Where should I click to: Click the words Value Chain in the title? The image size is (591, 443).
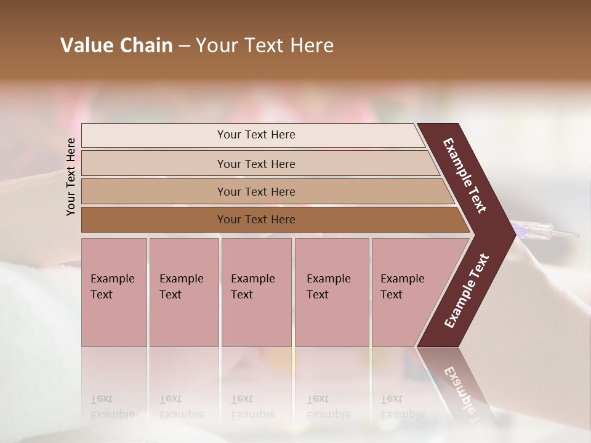(116, 46)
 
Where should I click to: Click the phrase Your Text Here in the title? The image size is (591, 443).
(265, 46)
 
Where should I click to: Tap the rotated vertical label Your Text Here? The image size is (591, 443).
(71, 177)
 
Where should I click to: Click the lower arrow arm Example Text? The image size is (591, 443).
(467, 291)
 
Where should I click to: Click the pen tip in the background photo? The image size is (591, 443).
(576, 234)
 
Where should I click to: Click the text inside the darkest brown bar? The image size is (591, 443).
(256, 220)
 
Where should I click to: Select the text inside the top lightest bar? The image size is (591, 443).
(256, 135)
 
